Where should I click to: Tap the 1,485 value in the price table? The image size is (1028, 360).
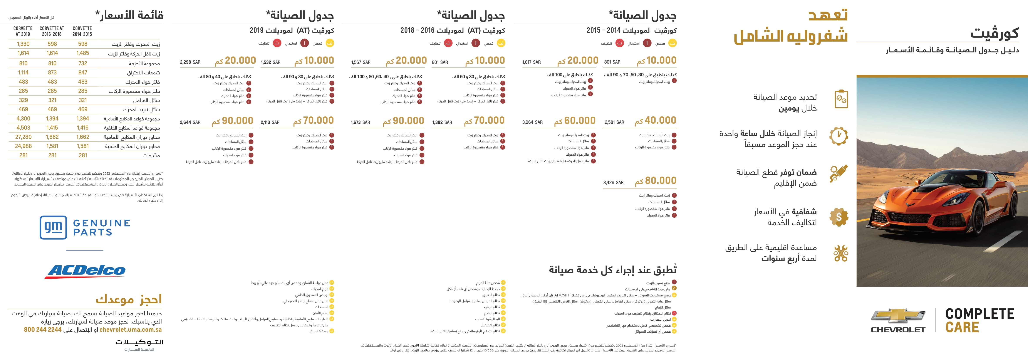[83, 53]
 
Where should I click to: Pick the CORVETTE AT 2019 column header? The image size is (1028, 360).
[23, 31]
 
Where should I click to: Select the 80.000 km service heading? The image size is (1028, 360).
[656, 181]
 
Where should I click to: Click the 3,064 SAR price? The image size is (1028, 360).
[532, 122]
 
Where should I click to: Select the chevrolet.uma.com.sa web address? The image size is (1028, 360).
[131, 330]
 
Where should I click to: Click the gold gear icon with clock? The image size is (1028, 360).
[839, 136]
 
